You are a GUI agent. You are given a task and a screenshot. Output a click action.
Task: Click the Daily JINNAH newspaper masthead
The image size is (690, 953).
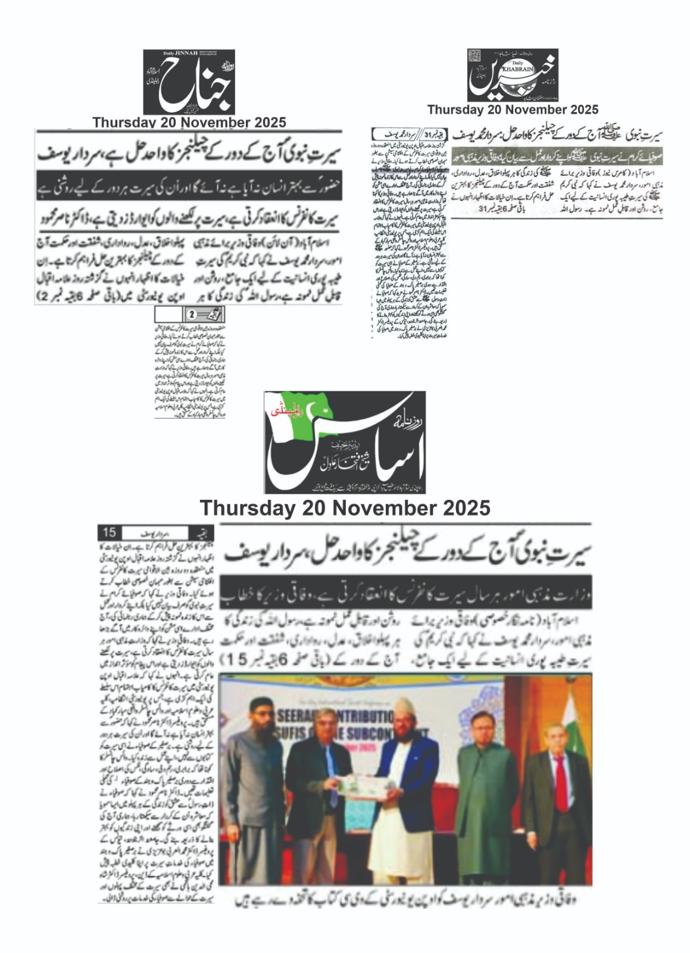point(189,82)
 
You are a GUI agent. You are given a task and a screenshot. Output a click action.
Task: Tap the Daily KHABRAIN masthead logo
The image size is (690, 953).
point(513,75)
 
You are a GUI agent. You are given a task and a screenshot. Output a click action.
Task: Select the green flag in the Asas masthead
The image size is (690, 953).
point(301,417)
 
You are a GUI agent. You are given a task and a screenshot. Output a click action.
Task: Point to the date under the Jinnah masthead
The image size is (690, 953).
point(189,123)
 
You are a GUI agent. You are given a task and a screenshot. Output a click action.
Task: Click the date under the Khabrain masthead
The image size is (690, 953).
point(513,110)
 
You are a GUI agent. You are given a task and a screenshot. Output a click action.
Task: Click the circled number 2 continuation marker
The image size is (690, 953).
point(192,314)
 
